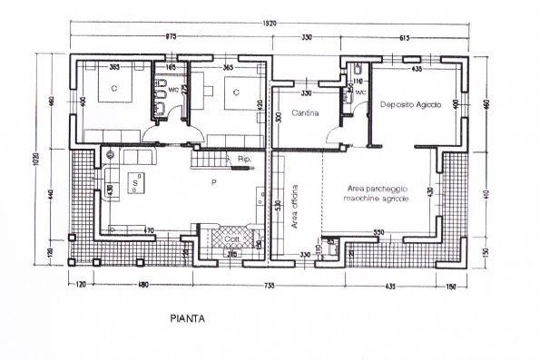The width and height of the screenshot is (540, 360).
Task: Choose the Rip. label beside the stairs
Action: tap(243, 160)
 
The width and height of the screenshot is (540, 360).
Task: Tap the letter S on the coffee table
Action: tap(135, 182)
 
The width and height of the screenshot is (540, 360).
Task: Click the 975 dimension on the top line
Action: tap(170, 38)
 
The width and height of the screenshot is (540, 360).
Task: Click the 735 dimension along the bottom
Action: tap(270, 287)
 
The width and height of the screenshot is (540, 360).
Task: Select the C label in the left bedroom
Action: tap(114, 89)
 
